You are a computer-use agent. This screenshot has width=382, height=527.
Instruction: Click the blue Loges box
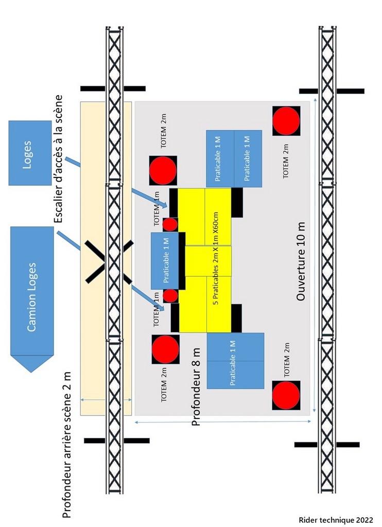(x=30, y=153)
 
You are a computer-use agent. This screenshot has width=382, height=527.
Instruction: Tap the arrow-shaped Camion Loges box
(x=32, y=298)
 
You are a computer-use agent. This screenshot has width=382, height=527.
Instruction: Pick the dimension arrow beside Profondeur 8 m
(x=222, y=422)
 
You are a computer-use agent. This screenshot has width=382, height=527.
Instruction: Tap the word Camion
(x=32, y=315)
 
